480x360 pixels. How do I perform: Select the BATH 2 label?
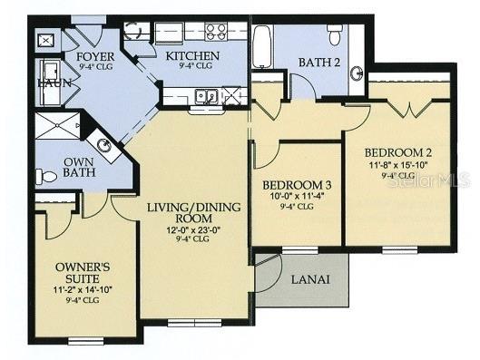tap(318, 62)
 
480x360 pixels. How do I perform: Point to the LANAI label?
tap(309, 279)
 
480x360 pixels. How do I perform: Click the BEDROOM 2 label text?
tap(398, 151)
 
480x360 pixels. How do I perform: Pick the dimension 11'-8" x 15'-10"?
tap(398, 166)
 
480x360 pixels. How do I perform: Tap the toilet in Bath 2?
tap(334, 37)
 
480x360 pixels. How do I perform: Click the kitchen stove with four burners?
tap(216, 33)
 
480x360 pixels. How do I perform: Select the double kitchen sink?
tap(204, 95)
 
